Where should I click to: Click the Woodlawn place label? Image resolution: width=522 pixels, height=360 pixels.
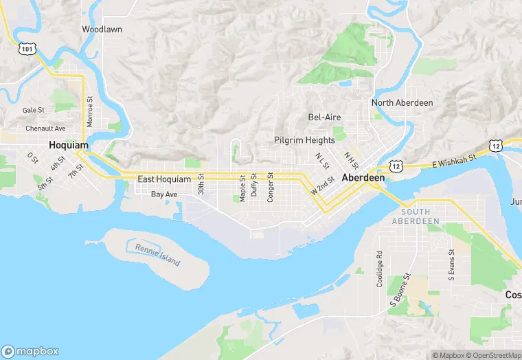(x=102, y=30)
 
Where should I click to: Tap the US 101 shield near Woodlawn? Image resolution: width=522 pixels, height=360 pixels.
(x=27, y=49)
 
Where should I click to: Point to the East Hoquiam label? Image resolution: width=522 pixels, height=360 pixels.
(x=163, y=179)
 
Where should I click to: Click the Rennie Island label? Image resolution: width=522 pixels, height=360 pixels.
(x=157, y=256)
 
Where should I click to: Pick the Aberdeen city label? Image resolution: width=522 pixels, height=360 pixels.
(x=363, y=177)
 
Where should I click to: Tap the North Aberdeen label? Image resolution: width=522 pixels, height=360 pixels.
(x=402, y=103)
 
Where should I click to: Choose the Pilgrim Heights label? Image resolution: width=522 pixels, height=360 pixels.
(x=304, y=140)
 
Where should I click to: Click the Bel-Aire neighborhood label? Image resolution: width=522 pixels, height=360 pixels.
(x=324, y=117)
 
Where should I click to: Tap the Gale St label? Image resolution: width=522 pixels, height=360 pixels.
(x=33, y=110)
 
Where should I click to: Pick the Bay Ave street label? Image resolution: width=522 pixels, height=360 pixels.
(x=164, y=195)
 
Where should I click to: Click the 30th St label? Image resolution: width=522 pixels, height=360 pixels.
(x=201, y=183)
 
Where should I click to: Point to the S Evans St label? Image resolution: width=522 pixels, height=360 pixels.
(x=451, y=266)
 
